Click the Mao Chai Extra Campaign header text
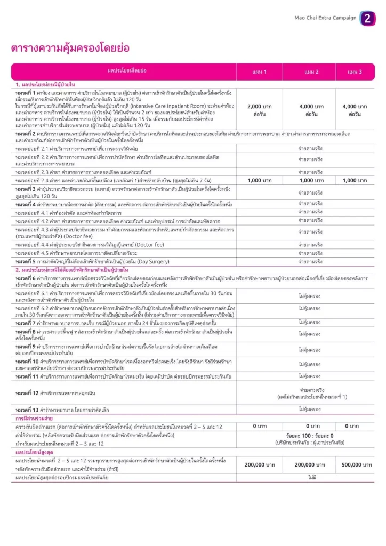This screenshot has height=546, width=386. coord(325,18)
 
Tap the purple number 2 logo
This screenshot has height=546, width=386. coord(367,19)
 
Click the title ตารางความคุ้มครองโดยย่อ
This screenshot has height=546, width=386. coord(70,49)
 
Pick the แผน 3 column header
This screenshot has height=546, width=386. coord(355,71)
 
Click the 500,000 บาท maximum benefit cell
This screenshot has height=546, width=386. coord(355,465)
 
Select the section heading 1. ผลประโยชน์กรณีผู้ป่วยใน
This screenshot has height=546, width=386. coord(45,84)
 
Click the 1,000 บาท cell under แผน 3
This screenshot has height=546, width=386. coord(355,180)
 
